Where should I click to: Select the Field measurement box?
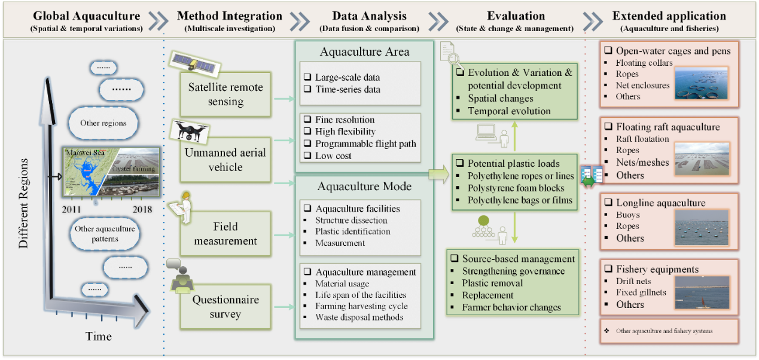[226, 234]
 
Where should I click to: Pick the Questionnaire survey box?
[226, 306]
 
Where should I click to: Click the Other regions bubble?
[103, 123]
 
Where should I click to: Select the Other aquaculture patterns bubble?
[105, 234]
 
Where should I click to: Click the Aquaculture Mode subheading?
[364, 187]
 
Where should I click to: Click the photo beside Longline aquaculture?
[702, 227]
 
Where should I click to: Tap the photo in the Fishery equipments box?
[702, 292]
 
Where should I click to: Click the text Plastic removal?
[492, 283]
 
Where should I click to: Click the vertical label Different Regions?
[23, 204]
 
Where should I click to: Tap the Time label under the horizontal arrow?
[98, 336]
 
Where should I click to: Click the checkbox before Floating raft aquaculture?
[608, 127]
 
